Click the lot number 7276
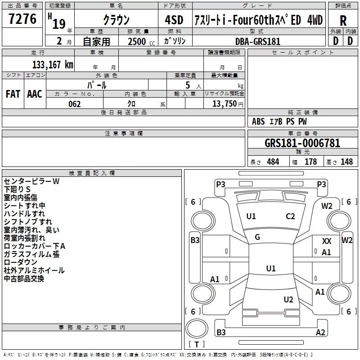(22, 19)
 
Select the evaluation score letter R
(343, 21)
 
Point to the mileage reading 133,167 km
(53, 64)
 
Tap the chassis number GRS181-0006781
(302, 143)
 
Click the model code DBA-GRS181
(258, 41)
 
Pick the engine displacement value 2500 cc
(137, 41)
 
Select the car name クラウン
(116, 20)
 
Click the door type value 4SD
(174, 20)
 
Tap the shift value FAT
(13, 94)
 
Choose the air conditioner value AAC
(35, 94)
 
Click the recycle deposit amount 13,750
(224, 104)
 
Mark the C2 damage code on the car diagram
(290, 216)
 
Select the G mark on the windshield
(257, 237)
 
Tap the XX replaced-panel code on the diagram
(327, 242)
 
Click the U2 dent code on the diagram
(288, 300)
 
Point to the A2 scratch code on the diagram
(320, 333)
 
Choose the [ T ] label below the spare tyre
(197, 345)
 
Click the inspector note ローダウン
(21, 262)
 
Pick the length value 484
(273, 162)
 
